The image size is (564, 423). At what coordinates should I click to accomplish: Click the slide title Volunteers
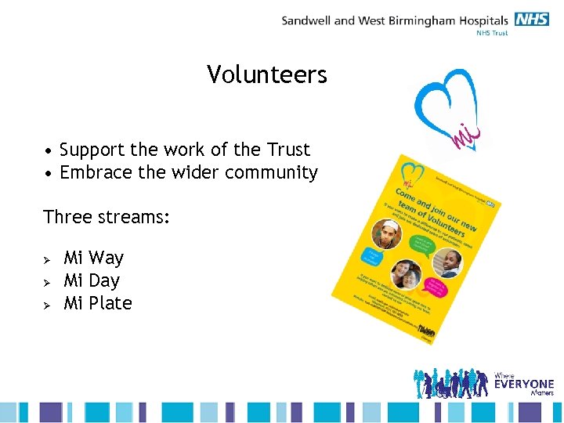pos(267,75)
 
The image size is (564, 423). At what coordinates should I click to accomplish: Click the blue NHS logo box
pos(532,20)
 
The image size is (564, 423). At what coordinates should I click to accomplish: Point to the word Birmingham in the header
pos(424,20)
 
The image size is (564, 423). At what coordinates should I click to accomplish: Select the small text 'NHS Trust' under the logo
pos(492,33)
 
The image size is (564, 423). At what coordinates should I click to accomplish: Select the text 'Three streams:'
pos(107,217)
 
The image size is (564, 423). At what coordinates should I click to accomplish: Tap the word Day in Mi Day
pos(104,280)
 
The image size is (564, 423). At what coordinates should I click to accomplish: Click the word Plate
pos(110,303)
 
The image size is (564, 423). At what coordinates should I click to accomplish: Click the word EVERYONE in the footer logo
pos(524,384)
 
